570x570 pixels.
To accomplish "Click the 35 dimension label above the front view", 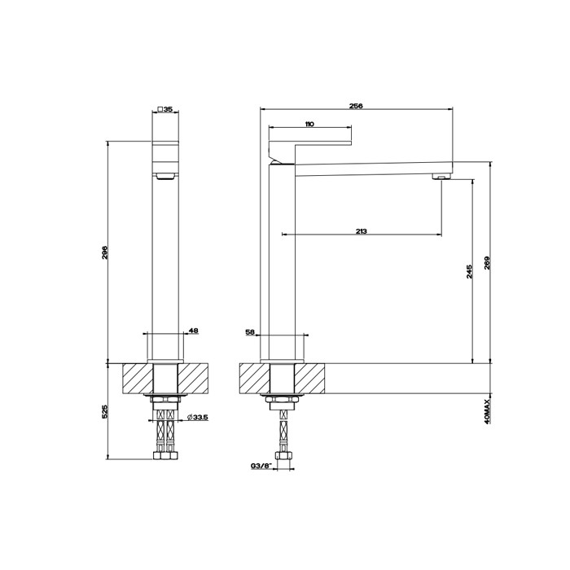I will coord(168,108).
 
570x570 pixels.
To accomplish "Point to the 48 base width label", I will coord(193,331).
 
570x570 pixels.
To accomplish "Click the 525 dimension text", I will coord(105,412).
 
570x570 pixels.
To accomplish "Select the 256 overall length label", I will coord(356,106).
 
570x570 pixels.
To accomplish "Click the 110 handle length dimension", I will coord(309,125).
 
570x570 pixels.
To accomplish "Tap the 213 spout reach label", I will coord(361,232).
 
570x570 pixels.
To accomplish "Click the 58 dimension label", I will coord(250,332).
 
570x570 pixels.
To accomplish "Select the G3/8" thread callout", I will coord(261,467).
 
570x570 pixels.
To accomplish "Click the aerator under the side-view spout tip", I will coord(440,176).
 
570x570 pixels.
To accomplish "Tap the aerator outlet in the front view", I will coord(165,175).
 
